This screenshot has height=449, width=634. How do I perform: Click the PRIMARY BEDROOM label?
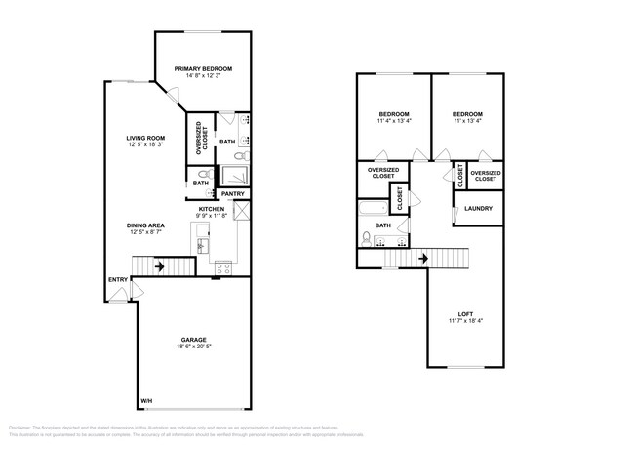click(203, 68)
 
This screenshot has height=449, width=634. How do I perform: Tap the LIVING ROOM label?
click(145, 138)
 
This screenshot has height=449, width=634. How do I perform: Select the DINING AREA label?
click(144, 224)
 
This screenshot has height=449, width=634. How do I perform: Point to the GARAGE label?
click(192, 340)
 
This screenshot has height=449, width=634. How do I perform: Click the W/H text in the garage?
click(146, 401)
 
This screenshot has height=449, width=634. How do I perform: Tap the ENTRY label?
click(117, 281)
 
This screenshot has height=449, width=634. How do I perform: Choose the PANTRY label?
click(232, 193)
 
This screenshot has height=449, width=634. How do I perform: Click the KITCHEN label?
click(213, 209)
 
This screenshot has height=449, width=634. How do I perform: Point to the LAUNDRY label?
click(477, 208)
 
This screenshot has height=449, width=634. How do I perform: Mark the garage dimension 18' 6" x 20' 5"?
click(192, 347)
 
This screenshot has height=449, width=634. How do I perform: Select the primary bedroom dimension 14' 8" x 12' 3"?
click(203, 76)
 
